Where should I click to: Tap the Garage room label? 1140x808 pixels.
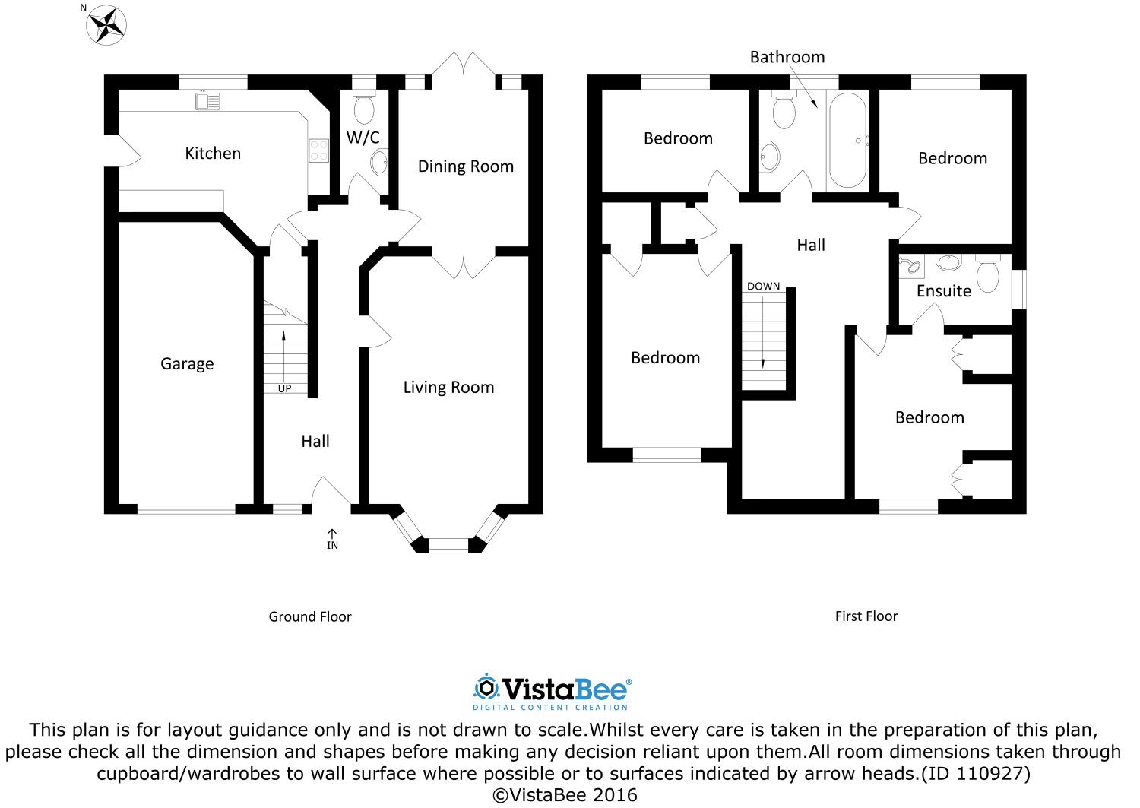pos(187,364)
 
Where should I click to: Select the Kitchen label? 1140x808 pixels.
pos(213,154)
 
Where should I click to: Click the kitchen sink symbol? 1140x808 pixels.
pos(207,100)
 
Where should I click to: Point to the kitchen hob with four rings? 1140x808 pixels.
pos(318,151)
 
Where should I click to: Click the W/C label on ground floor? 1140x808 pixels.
pos(363,138)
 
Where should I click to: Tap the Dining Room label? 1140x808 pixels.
pos(465,166)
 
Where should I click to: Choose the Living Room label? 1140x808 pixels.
pos(448,388)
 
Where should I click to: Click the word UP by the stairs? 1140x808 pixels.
pos(284,388)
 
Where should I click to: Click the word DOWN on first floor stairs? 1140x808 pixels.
pos(763,287)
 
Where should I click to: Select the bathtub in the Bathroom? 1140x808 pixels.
pos(847,141)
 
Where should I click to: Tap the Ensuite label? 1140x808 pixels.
pos(943,291)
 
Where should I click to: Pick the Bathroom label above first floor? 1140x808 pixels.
pos(787,57)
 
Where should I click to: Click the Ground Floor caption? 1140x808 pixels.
pos(310,616)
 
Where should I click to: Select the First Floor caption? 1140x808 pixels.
pos(866,616)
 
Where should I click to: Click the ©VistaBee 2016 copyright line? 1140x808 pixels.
pos(565,795)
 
